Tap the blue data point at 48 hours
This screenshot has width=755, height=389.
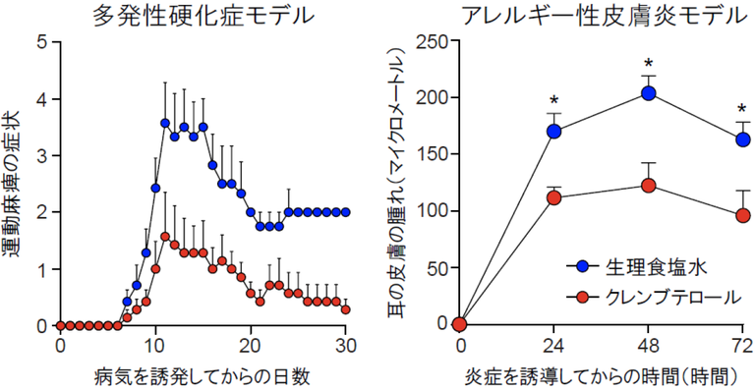(649, 93)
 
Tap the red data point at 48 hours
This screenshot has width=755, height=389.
(649, 186)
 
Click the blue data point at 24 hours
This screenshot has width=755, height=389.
(554, 131)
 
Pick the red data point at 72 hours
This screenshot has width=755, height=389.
(743, 215)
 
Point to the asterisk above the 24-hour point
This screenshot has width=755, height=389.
(554, 100)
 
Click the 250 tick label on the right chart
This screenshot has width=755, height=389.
(435, 42)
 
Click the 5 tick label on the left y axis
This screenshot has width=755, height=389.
(40, 42)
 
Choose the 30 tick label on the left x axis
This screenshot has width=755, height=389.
(345, 346)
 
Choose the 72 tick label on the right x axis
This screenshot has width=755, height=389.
(742, 346)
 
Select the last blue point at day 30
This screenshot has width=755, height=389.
(345, 212)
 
